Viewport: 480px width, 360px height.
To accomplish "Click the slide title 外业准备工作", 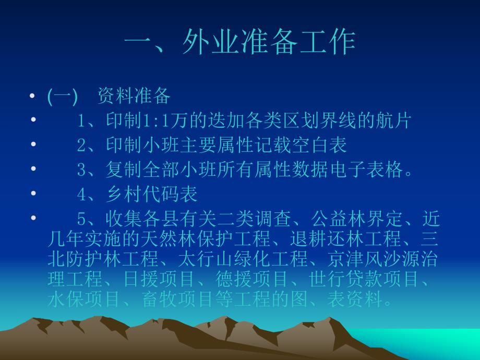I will pos(269,43).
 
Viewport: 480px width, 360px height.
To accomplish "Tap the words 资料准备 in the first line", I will pos(134,96).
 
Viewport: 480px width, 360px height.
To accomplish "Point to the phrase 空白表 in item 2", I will pos(328,145).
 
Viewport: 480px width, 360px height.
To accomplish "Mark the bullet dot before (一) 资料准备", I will pos(33,97).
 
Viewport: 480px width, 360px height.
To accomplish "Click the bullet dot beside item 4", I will pos(33,194).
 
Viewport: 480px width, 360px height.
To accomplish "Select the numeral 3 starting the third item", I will pos(81,170).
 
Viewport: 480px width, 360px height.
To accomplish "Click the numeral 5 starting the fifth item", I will pos(81,219).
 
